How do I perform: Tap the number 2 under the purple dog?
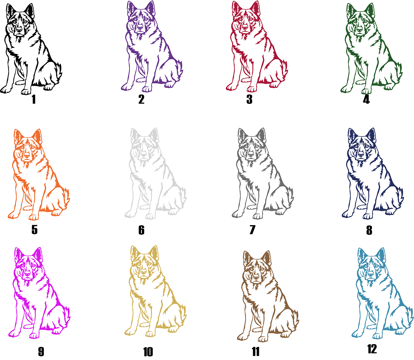tap(141, 99)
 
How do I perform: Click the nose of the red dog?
tap(245, 27)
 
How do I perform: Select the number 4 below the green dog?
tap(366, 99)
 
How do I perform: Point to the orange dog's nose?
tap(27, 155)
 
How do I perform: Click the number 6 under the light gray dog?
tap(141, 230)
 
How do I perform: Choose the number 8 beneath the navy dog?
tap(369, 230)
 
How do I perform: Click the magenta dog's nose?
tap(27, 273)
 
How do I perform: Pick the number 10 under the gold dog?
tap(148, 352)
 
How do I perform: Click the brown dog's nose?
tap(256, 276)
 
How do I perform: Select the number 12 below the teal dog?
tap(372, 349)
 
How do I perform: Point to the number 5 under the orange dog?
tap(34, 230)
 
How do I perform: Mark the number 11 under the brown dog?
tap(255, 352)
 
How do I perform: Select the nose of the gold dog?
tap(143, 271)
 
